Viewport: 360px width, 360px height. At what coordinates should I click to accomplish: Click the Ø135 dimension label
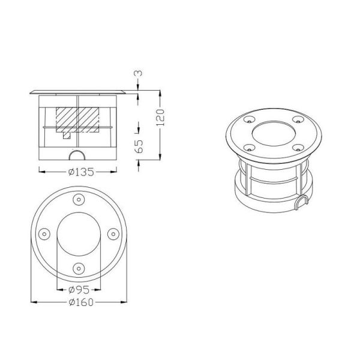tap(79, 172)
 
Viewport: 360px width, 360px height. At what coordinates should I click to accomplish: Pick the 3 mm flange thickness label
tap(139, 74)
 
